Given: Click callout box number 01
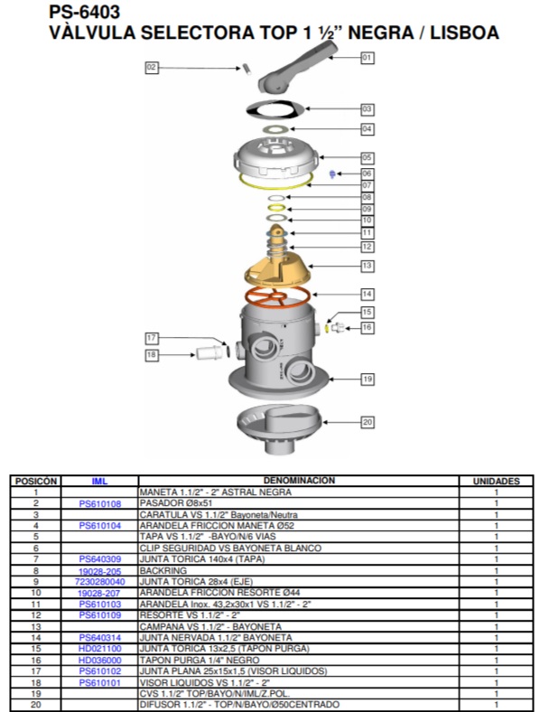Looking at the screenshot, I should [367, 57].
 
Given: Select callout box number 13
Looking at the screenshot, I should [367, 266].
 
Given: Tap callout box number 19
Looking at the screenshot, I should [367, 379].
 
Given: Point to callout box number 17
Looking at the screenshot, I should [153, 338].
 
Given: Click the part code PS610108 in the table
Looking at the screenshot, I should [99, 503].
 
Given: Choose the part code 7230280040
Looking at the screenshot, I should [99, 582].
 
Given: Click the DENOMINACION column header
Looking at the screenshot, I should [298, 481].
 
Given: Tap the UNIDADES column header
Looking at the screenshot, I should [496, 481].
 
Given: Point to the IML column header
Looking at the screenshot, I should [99, 481].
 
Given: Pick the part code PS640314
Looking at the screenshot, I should [99, 638].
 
